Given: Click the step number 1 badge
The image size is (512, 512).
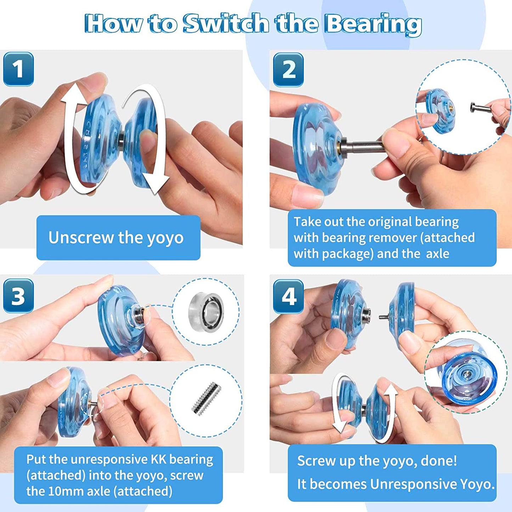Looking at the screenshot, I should point(18,69).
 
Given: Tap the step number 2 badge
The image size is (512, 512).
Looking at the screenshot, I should point(288,70).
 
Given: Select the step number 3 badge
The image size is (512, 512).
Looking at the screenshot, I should point(18,296).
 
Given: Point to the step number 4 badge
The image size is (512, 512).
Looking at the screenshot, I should point(288,297).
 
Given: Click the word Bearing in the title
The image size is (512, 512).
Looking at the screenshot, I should point(373,24).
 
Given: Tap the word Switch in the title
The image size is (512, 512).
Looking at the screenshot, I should point(226,24).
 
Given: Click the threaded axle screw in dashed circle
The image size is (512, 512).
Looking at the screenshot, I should point(206,399).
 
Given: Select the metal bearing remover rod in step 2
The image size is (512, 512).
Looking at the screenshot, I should point(365,146).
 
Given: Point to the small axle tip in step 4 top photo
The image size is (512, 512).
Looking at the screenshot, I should point(383,316).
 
